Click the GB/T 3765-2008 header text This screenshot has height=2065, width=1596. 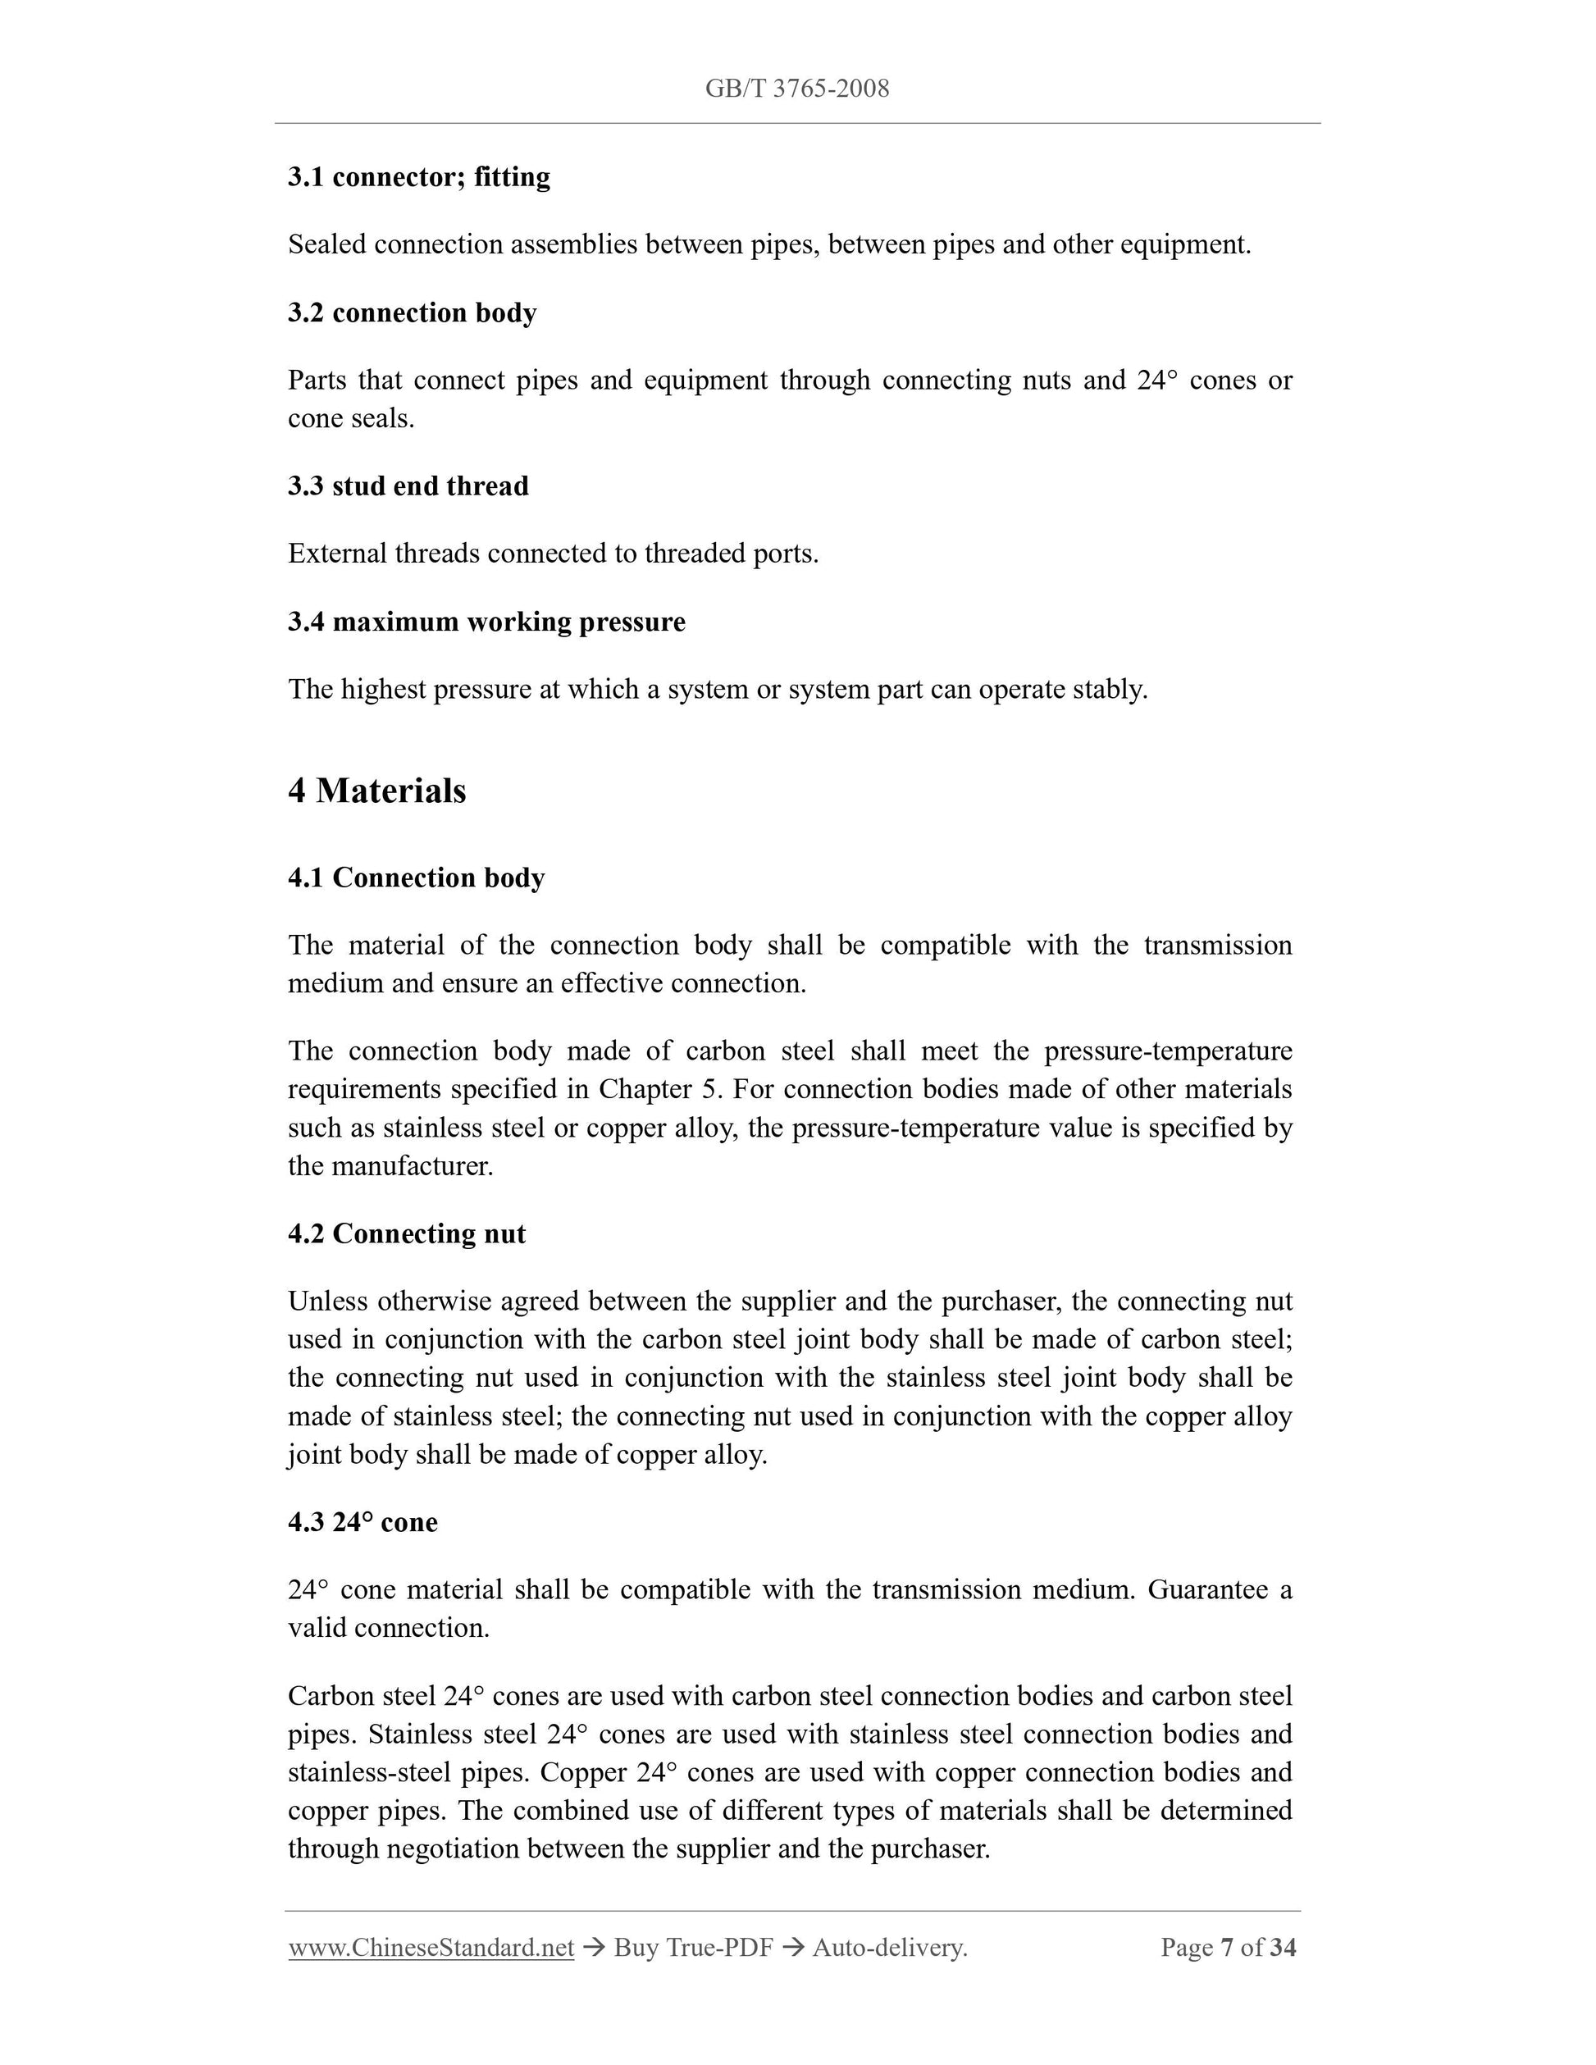796,89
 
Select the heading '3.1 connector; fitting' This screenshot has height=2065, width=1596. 419,177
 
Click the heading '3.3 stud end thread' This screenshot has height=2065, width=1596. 408,486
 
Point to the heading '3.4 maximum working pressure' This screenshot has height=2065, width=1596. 487,622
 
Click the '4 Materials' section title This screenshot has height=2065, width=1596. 376,791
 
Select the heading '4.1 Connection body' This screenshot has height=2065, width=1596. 416,878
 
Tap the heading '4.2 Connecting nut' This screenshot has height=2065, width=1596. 407,1234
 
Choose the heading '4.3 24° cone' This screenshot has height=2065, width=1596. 363,1522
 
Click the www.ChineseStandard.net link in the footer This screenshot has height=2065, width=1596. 431,1948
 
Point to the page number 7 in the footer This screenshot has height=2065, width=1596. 1227,1948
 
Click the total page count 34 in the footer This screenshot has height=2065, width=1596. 1283,1948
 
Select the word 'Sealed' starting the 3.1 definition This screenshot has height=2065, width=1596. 327,245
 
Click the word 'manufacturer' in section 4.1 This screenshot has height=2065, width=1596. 410,1166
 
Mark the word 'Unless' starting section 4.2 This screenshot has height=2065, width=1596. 328,1302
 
